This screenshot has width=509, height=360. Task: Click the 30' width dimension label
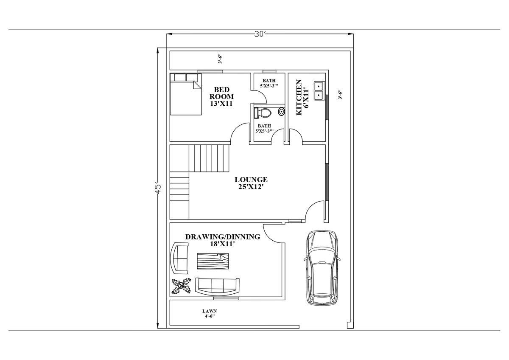click(x=260, y=34)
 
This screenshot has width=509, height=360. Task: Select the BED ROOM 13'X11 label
click(x=221, y=96)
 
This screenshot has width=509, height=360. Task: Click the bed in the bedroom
click(x=186, y=94)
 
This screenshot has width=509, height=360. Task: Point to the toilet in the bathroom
click(x=263, y=113)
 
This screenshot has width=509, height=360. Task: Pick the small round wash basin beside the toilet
click(x=281, y=111)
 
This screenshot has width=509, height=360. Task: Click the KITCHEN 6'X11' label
click(x=302, y=97)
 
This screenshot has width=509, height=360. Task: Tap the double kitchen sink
click(x=320, y=90)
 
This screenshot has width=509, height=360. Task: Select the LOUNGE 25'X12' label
click(x=251, y=183)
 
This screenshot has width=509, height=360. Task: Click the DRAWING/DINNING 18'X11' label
click(x=223, y=240)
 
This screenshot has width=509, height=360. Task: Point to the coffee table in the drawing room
click(x=213, y=261)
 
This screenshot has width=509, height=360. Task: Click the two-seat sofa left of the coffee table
click(x=179, y=258)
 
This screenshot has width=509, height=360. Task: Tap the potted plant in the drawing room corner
click(x=181, y=286)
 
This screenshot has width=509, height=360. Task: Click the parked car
click(x=322, y=267)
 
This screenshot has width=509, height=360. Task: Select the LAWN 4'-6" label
click(x=210, y=314)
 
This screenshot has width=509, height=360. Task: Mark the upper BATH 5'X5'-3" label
click(x=269, y=84)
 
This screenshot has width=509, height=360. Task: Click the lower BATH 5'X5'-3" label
click(x=264, y=129)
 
